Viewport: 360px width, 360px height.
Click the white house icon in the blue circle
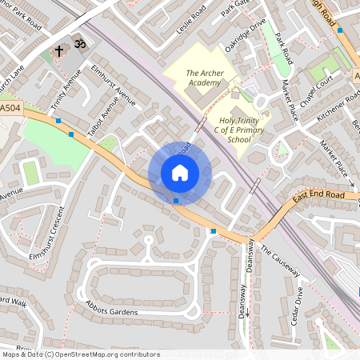coord(179,173)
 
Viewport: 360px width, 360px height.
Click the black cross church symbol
coord(59,51)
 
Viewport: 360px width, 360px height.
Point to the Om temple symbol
coord(79,40)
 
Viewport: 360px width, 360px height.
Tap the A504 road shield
coord(10,107)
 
